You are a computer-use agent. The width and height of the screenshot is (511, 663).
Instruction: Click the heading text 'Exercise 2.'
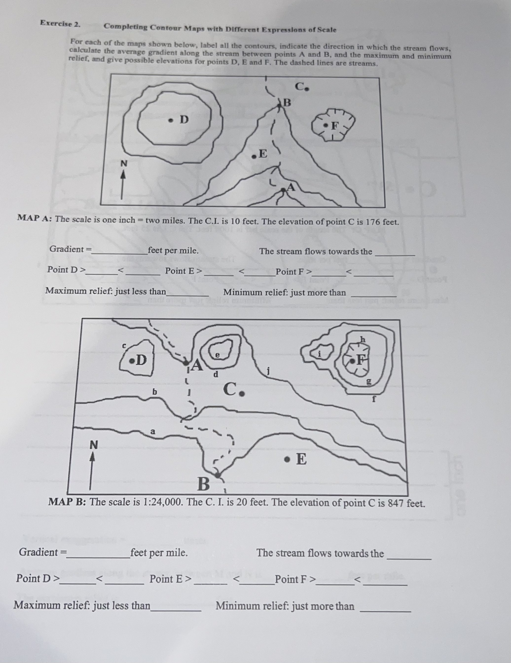click(x=60, y=24)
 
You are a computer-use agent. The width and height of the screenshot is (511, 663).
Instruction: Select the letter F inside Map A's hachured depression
click(x=334, y=125)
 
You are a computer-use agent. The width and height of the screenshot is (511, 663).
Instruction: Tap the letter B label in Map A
click(x=287, y=103)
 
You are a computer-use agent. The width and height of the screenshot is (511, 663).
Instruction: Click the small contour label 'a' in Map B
click(x=153, y=431)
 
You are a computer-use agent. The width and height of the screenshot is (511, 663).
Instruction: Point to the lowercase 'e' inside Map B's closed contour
click(x=217, y=355)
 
